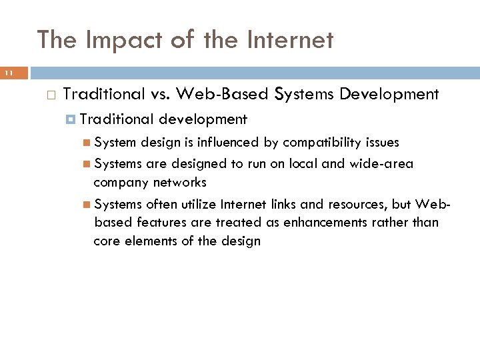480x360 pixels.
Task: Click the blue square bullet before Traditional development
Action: coord(71,120)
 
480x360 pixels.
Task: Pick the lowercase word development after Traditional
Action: coord(203,120)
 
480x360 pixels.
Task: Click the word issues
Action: coord(382,143)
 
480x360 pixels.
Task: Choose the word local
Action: coord(303,164)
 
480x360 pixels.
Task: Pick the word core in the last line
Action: coord(107,241)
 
